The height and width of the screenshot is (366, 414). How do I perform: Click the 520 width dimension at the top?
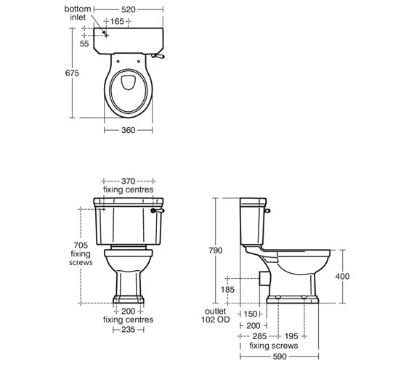point(129,9)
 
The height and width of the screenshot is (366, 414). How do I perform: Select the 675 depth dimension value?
point(72,73)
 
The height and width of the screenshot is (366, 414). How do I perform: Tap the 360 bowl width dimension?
point(128,130)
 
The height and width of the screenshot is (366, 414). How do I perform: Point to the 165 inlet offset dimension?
point(117,21)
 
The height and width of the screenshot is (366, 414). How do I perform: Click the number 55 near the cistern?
point(84,44)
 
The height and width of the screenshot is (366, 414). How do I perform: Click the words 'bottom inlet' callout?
point(78,13)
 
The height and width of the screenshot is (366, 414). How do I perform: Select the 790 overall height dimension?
point(216,251)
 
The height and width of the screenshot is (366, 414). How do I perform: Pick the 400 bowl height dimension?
point(342,277)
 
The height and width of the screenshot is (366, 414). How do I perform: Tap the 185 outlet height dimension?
point(227,290)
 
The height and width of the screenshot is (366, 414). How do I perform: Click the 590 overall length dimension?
point(280,357)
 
